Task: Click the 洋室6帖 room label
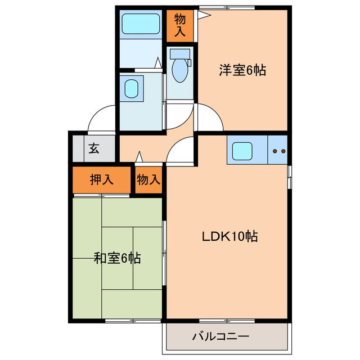[242, 70]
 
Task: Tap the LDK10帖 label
[230, 237]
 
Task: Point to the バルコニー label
[220, 337]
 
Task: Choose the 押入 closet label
[102, 180]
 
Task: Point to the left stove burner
[274, 151]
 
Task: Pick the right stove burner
[283, 151]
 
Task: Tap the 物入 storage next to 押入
[148, 180]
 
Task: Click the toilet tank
[180, 54]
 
